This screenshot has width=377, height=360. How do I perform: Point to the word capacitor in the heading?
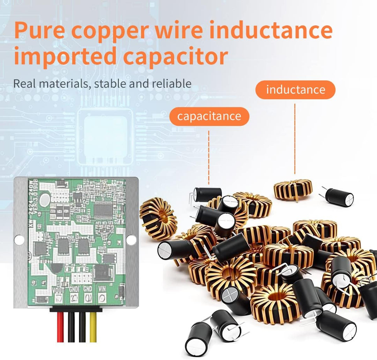pyautogui.click(x=176, y=57)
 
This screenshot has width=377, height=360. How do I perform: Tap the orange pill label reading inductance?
pyautogui.click(x=295, y=90)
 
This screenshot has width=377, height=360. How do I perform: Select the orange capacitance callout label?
pyautogui.click(x=209, y=116)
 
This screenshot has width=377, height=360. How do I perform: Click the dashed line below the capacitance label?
pyautogui.click(x=209, y=157)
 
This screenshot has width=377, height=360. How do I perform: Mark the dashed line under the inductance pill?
pyautogui.click(x=295, y=140)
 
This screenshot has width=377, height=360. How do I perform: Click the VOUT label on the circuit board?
pyautogui.click(x=58, y=289)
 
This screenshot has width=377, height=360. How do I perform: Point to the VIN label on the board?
pyautogui.click(x=102, y=289)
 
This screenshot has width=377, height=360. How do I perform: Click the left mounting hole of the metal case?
pyautogui.click(x=20, y=240)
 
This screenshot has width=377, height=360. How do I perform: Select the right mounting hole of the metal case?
pyautogui.click(x=131, y=240)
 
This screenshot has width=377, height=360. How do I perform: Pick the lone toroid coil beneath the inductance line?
pyautogui.click(x=293, y=189)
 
